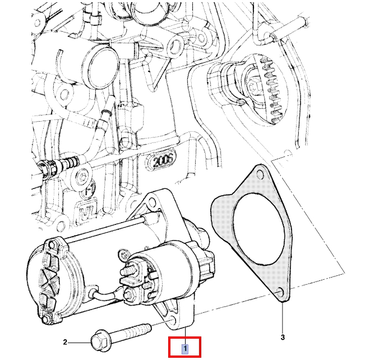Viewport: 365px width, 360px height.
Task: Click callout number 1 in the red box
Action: (185, 349)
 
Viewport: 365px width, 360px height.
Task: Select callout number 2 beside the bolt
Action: (65, 342)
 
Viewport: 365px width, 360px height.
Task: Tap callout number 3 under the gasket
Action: (283, 337)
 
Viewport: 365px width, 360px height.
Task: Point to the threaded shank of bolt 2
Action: (132, 333)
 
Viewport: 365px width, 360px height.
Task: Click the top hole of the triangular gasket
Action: (260, 174)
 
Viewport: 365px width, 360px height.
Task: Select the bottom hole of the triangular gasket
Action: (280, 292)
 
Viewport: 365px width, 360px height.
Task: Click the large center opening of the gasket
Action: (259, 229)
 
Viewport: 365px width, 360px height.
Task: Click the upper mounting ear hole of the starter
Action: (152, 201)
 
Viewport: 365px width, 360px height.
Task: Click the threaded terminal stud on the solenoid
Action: (127, 271)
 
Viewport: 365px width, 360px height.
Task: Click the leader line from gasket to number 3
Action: (283, 317)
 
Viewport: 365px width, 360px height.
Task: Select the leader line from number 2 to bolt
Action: (80, 342)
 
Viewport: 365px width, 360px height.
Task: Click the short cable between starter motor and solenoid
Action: (107, 294)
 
